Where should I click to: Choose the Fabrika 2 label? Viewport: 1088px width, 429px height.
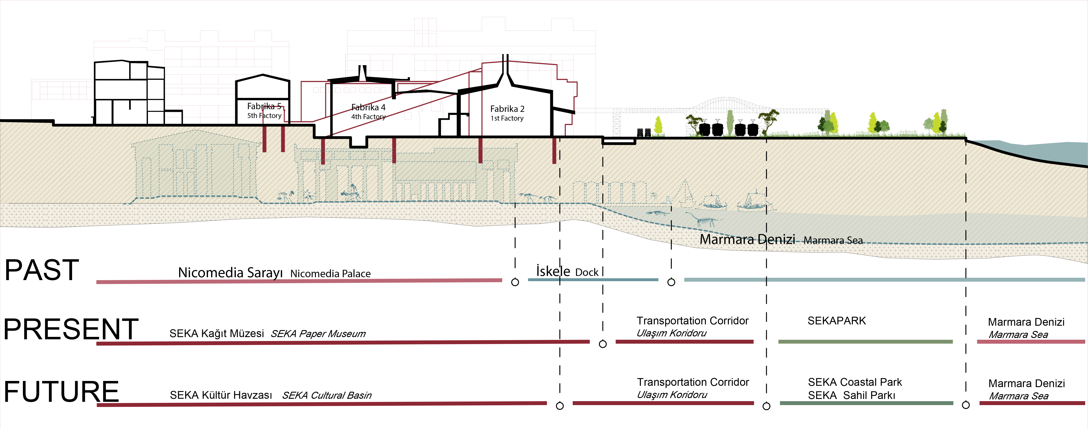[x=507, y=109]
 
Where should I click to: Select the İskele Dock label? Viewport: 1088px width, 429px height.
[x=567, y=271]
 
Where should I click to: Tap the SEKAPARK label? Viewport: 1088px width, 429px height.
[x=836, y=321]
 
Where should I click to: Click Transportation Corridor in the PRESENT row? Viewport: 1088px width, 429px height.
[x=692, y=321]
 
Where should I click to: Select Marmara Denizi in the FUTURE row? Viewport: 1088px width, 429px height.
[x=1026, y=383]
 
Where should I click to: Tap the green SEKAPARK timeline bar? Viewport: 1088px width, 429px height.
[x=865, y=341]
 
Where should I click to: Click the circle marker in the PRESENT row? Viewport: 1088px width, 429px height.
[x=603, y=344]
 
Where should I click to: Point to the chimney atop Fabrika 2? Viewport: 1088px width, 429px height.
[x=505, y=68]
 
